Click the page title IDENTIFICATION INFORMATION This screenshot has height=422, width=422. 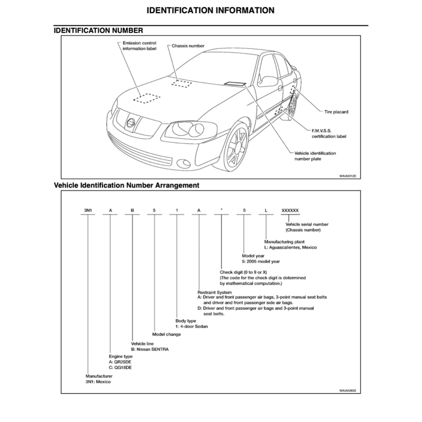click(210, 10)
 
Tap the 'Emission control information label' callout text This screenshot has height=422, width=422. click(139, 46)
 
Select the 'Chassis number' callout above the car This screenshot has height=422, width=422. click(188, 46)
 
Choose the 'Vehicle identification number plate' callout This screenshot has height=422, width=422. click(315, 156)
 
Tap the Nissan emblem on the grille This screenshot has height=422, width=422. click(131, 122)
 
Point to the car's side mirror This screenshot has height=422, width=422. click(268, 81)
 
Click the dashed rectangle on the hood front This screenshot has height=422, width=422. click(146, 98)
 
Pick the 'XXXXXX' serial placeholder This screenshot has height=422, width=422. click(290, 211)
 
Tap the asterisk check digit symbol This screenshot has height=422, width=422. click(221, 210)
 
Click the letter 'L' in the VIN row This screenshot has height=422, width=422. click(266, 211)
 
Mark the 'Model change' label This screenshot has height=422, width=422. click(166, 334)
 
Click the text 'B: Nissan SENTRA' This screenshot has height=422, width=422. click(150, 349)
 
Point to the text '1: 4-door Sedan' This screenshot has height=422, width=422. click(192, 326)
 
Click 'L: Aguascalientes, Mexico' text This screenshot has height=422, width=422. click(291, 248)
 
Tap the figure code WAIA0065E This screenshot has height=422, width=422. click(347, 390)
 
